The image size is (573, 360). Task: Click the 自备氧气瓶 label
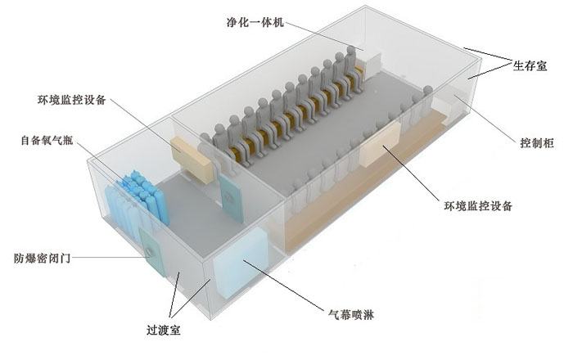pyautogui.click(x=47, y=141)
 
